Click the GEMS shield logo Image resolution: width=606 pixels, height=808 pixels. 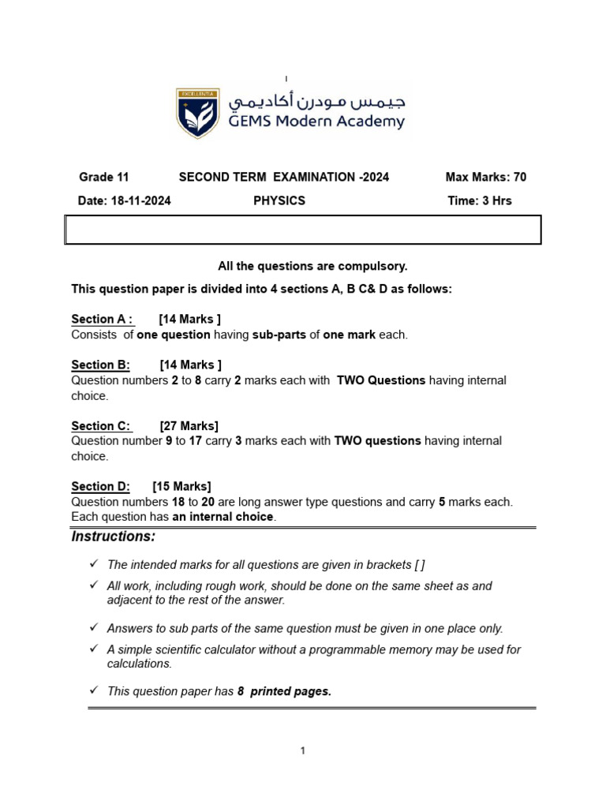(197, 114)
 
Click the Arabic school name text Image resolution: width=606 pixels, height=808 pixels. (316, 103)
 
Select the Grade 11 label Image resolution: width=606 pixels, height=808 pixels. (103, 177)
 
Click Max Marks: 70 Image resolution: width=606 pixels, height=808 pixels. (485, 177)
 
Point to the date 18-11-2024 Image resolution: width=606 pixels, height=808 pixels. (124, 200)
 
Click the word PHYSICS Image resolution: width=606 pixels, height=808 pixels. (279, 200)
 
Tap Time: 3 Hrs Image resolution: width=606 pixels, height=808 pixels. (479, 200)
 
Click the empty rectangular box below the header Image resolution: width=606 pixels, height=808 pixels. (302, 230)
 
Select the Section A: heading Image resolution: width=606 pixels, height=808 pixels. (103, 319)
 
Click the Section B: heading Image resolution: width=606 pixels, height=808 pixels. (100, 365)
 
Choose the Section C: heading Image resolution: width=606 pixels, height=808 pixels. (101, 425)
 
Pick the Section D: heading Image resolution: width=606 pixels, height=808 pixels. (100, 486)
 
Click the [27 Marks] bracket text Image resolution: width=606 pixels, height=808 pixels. (189, 425)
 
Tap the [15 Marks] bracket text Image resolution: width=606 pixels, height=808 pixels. (181, 486)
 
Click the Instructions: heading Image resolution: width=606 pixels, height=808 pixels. (114, 537)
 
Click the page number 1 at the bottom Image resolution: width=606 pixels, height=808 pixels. (302, 750)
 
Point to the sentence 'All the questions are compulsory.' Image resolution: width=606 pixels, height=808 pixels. (312, 266)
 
